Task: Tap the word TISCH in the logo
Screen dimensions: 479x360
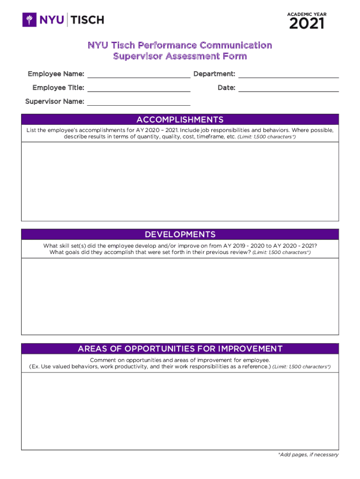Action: pos(87,20)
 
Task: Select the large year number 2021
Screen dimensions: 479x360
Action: pos(306,23)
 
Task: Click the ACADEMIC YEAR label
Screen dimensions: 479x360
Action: pos(306,15)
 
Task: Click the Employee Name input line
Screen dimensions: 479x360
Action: pos(138,74)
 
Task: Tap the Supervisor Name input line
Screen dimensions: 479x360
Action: pos(138,102)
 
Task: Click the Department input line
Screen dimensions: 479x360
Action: pos(288,74)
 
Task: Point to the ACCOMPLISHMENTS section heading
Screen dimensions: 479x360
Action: pos(180,120)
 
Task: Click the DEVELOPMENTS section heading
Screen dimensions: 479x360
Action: pos(180,234)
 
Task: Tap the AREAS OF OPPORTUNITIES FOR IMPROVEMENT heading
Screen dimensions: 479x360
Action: pos(180,348)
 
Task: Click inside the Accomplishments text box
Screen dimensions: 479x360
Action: pos(180,181)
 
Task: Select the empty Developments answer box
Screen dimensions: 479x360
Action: pos(180,296)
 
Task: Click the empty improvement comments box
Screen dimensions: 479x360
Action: pos(180,411)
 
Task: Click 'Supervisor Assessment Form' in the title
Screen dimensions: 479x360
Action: pos(180,57)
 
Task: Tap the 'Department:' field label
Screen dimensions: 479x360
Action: pos(214,74)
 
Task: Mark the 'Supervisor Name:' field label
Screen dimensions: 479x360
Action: pos(55,102)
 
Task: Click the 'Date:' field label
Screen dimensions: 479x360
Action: pos(226,87)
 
